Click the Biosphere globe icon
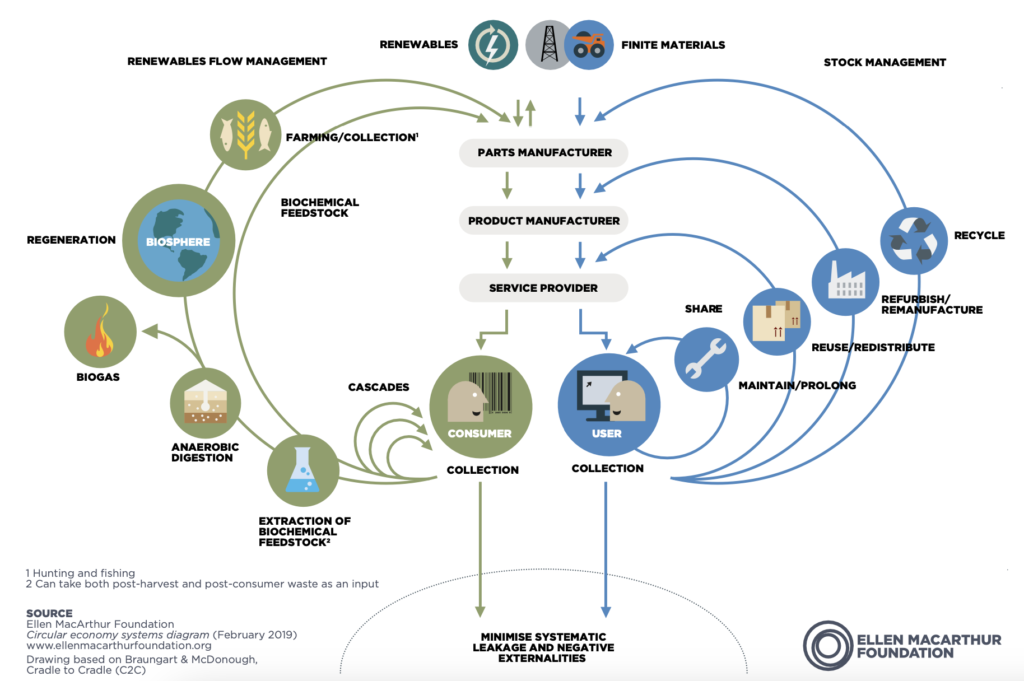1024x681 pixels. point(178,240)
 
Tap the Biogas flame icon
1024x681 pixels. point(100,331)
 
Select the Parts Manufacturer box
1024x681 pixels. point(544,152)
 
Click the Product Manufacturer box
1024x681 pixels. point(544,221)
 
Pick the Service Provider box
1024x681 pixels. point(544,288)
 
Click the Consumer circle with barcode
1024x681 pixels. point(481,407)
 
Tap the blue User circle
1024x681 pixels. point(609,405)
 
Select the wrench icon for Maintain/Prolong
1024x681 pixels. point(706,359)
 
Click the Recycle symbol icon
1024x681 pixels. point(914,240)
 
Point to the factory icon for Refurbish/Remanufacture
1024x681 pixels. point(846,281)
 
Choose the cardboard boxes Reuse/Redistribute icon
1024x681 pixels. point(776,321)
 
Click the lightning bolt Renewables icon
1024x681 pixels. point(493,45)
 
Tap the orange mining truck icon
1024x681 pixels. point(589,45)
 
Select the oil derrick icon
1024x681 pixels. point(549,45)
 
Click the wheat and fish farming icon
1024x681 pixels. point(246,135)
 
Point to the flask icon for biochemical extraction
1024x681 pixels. point(303,470)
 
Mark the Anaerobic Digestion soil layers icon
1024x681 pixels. point(205,403)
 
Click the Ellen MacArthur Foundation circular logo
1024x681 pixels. point(828,646)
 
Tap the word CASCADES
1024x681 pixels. point(379,387)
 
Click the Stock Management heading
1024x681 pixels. point(885,62)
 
